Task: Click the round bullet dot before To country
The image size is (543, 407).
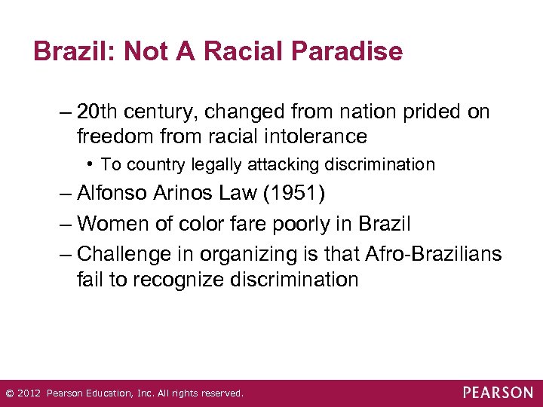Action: pyautogui.click(x=90, y=164)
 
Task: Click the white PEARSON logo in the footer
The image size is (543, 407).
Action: pyautogui.click(x=498, y=393)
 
